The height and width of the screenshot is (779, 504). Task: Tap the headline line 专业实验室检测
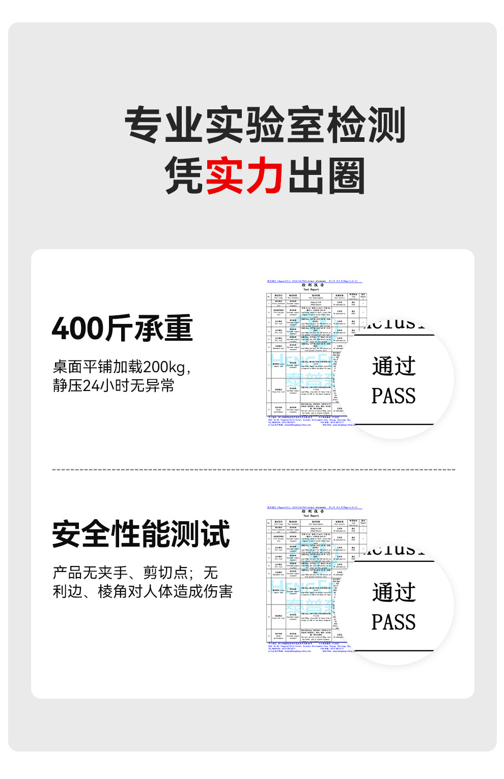click(x=265, y=125)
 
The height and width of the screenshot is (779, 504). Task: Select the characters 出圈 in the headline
click(x=326, y=176)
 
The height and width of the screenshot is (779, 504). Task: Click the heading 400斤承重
click(x=122, y=328)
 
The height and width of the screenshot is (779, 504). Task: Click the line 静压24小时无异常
click(x=113, y=385)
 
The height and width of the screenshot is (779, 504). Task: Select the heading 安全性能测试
click(x=141, y=534)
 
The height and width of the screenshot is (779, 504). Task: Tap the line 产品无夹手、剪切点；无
click(x=135, y=573)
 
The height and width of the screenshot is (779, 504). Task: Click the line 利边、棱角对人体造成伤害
click(x=143, y=591)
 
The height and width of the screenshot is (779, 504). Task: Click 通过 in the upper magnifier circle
click(x=394, y=366)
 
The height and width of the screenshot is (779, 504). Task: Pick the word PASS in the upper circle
click(x=394, y=396)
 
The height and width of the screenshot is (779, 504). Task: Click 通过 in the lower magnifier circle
click(x=394, y=592)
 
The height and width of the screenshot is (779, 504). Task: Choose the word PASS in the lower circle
click(x=394, y=622)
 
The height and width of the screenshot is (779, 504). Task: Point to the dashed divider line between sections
click(x=254, y=469)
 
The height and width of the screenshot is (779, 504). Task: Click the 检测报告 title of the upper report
click(x=313, y=285)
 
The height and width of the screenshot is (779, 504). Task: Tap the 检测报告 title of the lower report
click(x=313, y=512)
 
